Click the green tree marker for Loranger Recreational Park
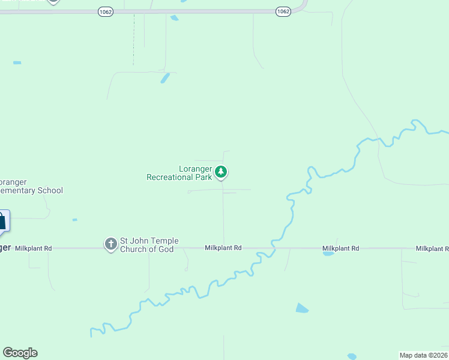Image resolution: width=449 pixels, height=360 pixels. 221,172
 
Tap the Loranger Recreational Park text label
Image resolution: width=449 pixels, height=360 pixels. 179,173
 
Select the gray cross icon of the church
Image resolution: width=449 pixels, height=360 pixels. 110,244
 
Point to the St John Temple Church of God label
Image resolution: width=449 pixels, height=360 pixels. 147,245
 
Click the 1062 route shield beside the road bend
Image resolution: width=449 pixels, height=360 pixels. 283,11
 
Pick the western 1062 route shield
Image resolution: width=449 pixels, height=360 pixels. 106,12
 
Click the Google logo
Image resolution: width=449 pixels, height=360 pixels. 20,353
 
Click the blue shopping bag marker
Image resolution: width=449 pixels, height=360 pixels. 2,221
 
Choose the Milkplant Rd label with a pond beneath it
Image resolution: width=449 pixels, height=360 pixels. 340,248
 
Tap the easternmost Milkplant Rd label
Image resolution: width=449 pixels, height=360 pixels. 432,248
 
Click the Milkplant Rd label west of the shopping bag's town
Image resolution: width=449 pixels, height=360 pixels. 34,248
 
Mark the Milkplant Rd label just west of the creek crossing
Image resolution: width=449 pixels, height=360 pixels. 223,247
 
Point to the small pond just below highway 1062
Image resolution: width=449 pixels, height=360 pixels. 174,18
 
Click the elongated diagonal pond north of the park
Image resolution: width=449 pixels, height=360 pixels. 164,78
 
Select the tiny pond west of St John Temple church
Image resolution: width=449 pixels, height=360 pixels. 74,220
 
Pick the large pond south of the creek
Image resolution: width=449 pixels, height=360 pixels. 301,308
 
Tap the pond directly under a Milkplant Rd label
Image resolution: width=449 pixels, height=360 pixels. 328,254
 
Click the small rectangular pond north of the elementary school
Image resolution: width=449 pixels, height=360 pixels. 17,62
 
